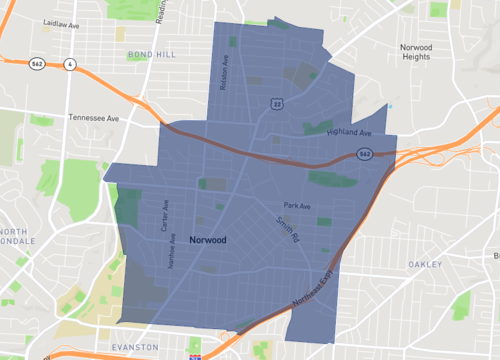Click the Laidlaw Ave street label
pos(61,21)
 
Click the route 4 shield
pos(70,65)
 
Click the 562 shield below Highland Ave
pos(366,154)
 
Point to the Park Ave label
pos(297,206)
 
